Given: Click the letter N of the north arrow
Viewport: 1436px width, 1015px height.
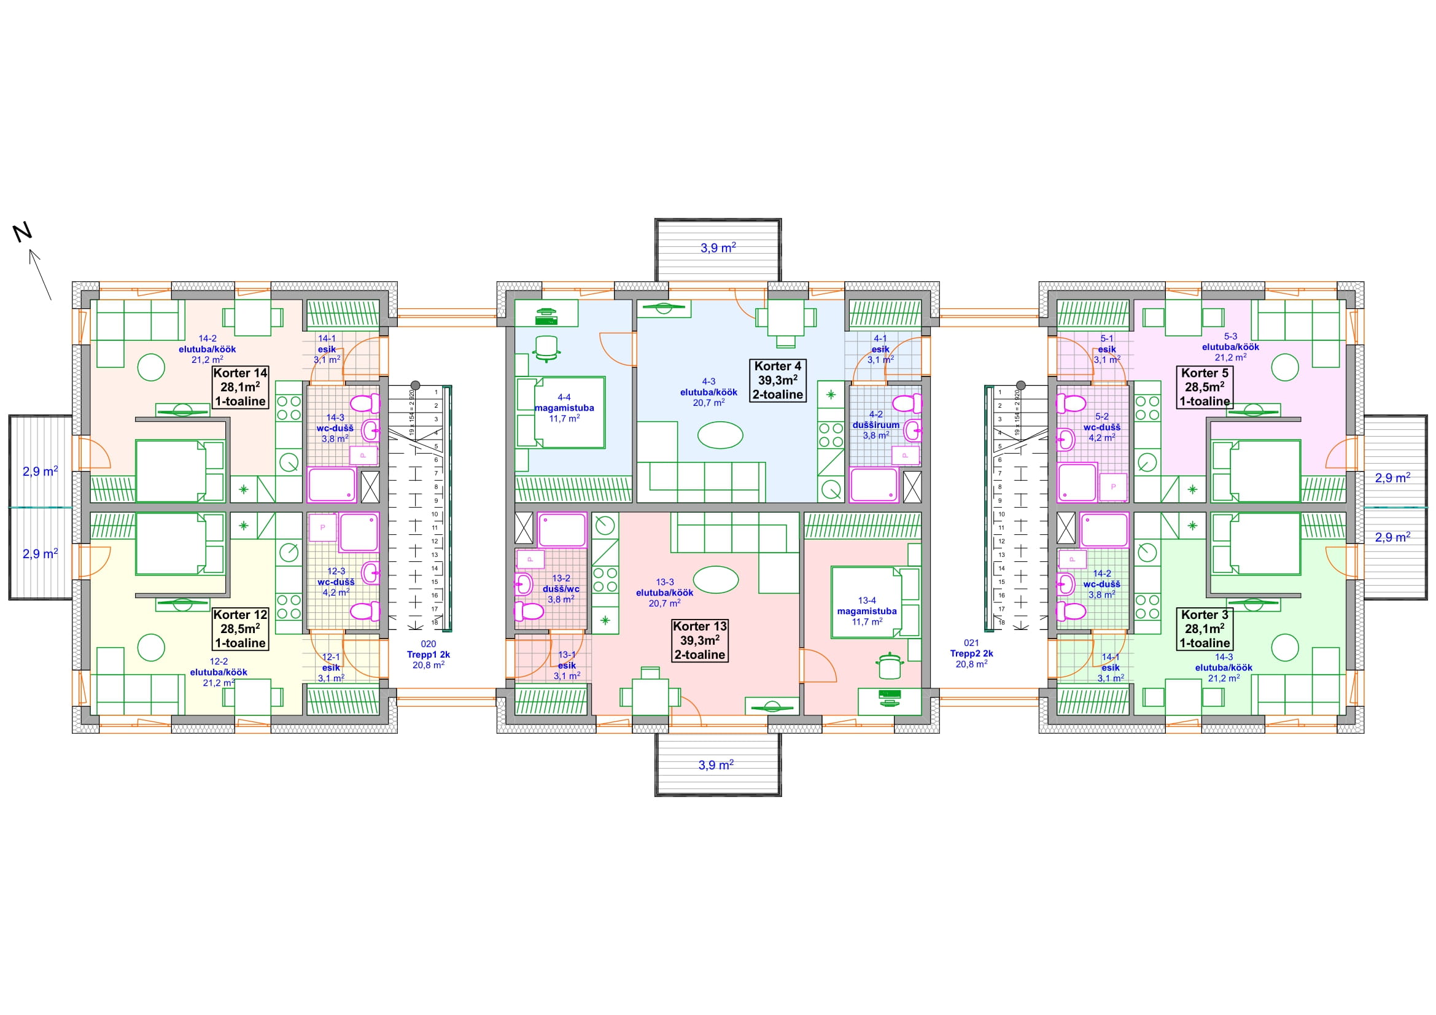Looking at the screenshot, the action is [23, 233].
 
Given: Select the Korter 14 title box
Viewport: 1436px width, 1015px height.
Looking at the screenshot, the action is [240, 387].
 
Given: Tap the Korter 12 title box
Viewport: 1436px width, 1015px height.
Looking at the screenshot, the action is [240, 629].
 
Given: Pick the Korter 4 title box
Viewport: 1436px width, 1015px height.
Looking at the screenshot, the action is [777, 380].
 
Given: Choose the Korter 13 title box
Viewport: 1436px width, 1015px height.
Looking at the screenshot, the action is [700, 640].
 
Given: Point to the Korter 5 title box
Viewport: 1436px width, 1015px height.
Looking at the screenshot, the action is [1205, 387].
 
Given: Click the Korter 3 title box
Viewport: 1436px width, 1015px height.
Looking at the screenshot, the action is [1205, 629].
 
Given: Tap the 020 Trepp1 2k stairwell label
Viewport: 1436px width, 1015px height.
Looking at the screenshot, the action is [429, 654].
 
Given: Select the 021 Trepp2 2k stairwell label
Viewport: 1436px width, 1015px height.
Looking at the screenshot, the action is [971, 653].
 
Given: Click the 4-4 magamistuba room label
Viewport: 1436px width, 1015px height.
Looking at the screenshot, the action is [564, 408].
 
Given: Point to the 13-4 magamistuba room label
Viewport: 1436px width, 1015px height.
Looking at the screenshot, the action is [867, 611].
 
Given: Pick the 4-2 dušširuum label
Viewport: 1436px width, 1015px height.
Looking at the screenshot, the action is [875, 425].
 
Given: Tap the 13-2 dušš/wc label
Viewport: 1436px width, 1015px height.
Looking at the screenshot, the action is [561, 588].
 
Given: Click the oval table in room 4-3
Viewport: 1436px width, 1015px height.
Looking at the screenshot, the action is [721, 435].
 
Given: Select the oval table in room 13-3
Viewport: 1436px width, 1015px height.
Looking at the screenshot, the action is [715, 580].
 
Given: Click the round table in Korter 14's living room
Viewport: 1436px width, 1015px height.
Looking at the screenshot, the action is [151, 367].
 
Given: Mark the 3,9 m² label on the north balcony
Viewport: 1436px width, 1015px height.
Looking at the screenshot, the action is [718, 247].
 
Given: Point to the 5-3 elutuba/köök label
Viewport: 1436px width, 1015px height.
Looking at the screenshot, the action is [1230, 346].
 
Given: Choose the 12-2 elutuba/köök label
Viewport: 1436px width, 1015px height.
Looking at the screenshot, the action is [219, 672].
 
